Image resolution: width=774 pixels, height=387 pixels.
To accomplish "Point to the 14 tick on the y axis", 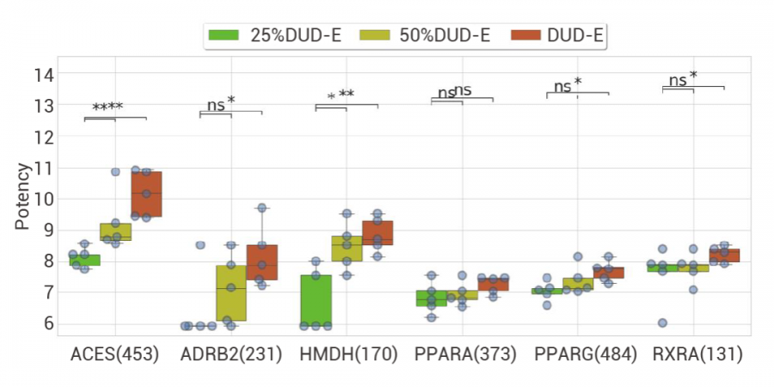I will (44, 75).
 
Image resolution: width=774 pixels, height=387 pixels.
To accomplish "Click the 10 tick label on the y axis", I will (44, 199).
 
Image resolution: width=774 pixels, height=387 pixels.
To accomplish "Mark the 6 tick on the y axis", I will (48, 323).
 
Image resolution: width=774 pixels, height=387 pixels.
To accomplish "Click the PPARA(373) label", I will (463, 354).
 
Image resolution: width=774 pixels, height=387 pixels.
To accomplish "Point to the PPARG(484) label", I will (579, 354).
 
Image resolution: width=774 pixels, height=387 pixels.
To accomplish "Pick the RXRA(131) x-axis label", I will (694, 354).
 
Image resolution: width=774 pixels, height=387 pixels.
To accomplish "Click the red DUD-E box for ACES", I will (146, 193).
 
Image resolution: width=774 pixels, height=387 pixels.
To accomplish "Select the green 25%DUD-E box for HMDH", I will (316, 300).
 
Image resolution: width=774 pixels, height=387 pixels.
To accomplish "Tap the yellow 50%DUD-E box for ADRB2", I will (231, 292).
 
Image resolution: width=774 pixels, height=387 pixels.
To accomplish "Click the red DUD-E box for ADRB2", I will (261, 262).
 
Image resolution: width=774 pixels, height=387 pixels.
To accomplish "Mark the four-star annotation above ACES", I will (108, 108).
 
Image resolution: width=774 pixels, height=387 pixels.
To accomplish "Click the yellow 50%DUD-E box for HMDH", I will (347, 248).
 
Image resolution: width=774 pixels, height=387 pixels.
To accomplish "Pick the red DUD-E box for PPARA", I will (494, 284).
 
